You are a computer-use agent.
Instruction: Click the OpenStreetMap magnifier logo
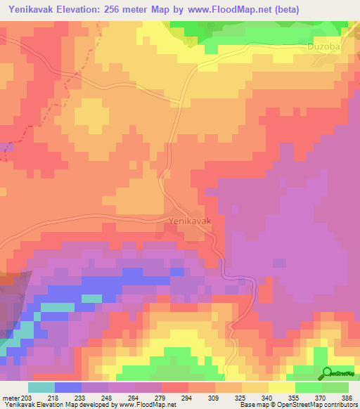[327, 374]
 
